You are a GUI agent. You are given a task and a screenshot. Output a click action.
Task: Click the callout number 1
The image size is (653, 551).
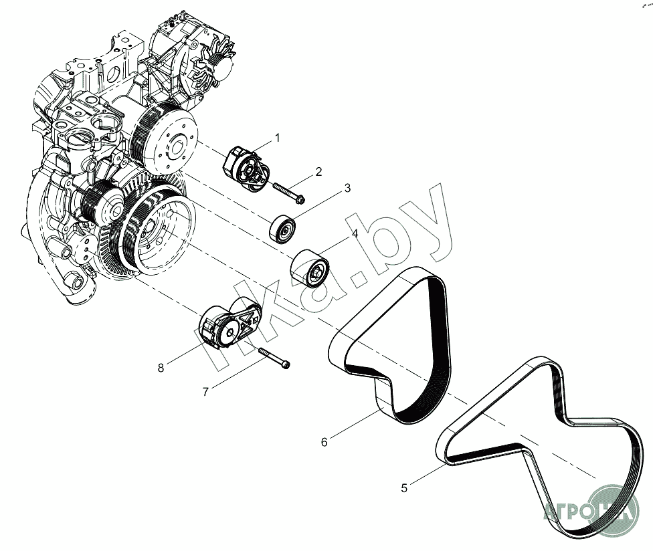click(x=277, y=138)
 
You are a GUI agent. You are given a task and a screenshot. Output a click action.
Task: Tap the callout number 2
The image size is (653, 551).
click(x=318, y=172)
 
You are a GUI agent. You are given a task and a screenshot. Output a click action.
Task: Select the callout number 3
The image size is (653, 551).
click(x=347, y=189)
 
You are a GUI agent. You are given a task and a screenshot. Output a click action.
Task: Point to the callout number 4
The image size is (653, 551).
click(x=355, y=233)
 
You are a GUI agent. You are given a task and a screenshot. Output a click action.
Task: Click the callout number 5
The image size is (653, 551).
click(x=403, y=488)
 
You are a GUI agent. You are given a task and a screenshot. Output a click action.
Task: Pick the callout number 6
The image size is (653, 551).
click(x=324, y=442)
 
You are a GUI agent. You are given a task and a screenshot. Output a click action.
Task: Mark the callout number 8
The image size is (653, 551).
click(x=161, y=367)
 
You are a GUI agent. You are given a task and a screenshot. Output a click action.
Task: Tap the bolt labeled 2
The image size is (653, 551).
click(x=288, y=193)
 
